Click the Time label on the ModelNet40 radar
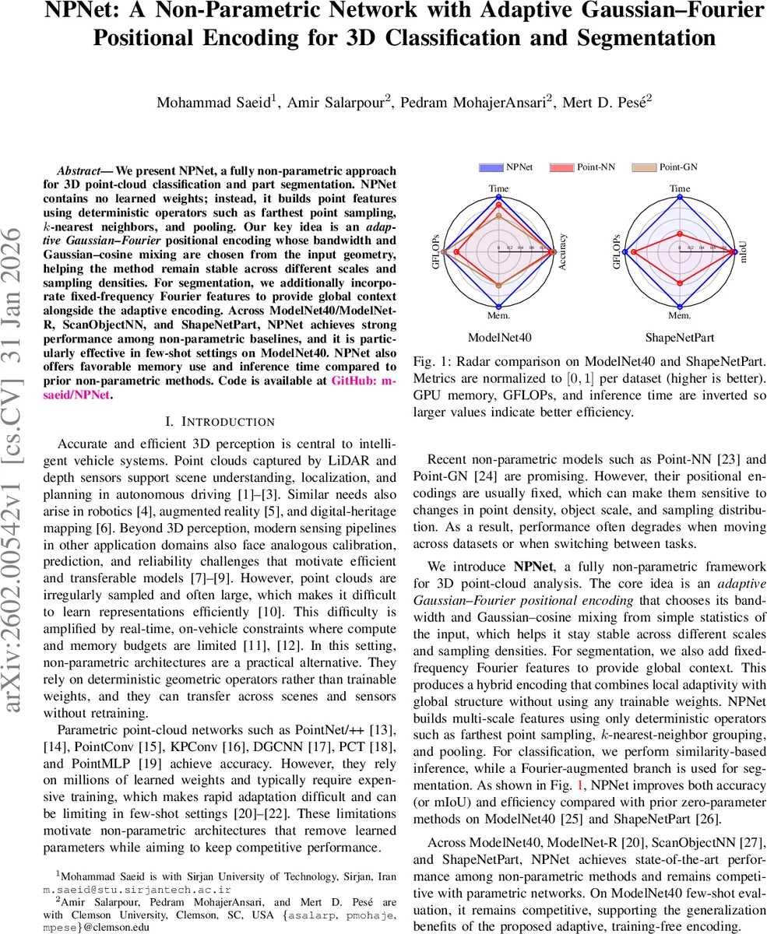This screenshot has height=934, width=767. [498, 188]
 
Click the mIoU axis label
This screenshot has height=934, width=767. [743, 251]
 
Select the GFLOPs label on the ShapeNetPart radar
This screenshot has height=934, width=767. [617, 251]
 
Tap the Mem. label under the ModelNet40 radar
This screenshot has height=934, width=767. [498, 315]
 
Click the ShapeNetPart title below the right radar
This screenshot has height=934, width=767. [680, 338]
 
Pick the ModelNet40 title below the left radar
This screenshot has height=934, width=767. [499, 338]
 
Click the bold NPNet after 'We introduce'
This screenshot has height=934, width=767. [533, 565]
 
